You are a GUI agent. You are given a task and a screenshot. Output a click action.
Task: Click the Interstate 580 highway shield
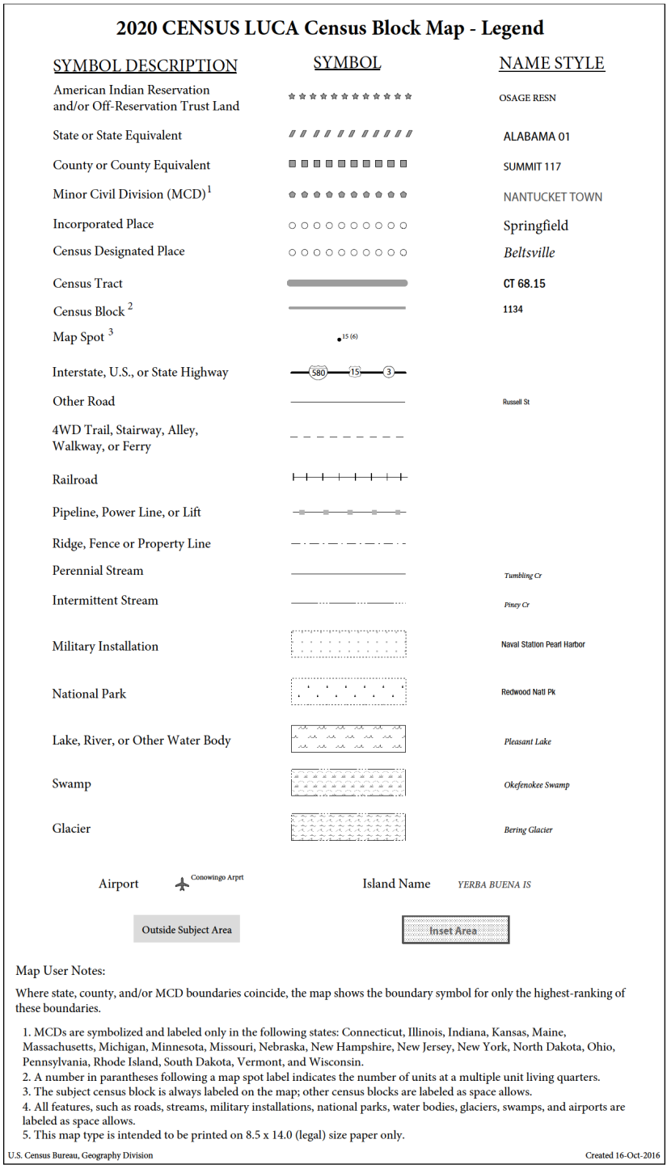(318, 373)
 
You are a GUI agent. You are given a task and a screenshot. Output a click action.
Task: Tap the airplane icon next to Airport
(182, 884)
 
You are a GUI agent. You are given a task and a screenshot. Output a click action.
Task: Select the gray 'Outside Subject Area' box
(187, 930)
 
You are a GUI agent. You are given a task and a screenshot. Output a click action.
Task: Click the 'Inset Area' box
(455, 931)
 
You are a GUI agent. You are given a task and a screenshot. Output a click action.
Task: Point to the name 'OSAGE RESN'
(527, 98)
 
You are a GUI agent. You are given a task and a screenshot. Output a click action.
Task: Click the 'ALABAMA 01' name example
(536, 137)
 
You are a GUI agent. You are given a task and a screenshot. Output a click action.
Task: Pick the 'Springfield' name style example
(535, 226)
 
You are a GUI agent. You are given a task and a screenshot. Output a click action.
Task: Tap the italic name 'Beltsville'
(529, 253)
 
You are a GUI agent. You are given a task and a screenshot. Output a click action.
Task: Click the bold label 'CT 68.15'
(525, 284)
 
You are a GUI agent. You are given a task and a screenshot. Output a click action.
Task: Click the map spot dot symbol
(339, 340)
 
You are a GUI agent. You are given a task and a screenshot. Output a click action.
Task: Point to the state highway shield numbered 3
(389, 373)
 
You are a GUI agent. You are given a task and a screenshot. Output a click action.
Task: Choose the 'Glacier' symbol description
(71, 829)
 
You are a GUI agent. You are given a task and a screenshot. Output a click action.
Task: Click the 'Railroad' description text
(74, 479)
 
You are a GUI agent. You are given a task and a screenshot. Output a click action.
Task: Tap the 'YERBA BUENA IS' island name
(494, 884)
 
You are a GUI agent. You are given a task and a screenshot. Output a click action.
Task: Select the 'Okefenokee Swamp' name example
(536, 785)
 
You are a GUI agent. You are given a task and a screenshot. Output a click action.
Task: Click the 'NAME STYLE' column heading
(551, 63)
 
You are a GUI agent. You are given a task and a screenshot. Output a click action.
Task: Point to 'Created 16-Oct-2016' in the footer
(622, 1155)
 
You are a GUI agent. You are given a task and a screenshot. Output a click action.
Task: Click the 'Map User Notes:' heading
(60, 970)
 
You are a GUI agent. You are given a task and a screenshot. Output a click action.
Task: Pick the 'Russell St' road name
(516, 402)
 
